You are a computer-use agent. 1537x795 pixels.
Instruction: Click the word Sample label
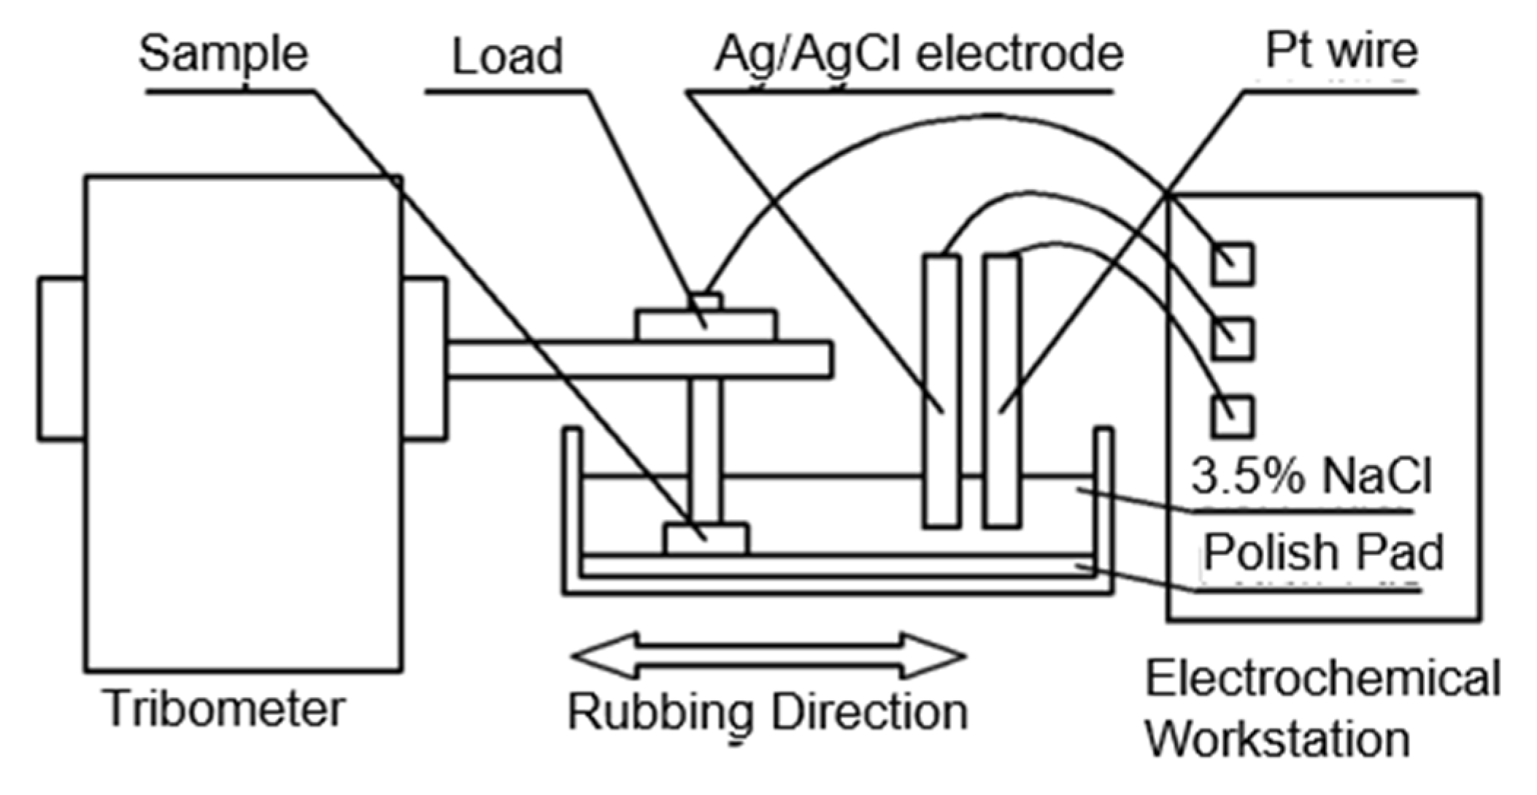[x=223, y=55]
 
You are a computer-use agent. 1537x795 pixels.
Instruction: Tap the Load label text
[x=506, y=57]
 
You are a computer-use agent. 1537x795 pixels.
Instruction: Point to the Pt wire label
[x=1341, y=51]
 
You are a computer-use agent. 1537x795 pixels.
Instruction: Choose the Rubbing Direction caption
[x=767, y=713]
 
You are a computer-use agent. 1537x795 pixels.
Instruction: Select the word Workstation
[x=1277, y=739]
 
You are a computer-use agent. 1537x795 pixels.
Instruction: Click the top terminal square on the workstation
[x=1233, y=264]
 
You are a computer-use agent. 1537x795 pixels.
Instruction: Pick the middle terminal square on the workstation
[x=1233, y=339]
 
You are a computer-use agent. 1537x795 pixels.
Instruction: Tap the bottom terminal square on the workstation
[x=1233, y=417]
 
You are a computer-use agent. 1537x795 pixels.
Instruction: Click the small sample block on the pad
[x=706, y=539]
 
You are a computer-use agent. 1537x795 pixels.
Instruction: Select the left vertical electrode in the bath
[x=941, y=391]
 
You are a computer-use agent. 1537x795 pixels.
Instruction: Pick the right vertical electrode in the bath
[x=1001, y=391]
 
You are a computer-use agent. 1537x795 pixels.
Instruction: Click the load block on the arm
[x=706, y=326]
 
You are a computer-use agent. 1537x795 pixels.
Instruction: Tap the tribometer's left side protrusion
[x=62, y=358]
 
